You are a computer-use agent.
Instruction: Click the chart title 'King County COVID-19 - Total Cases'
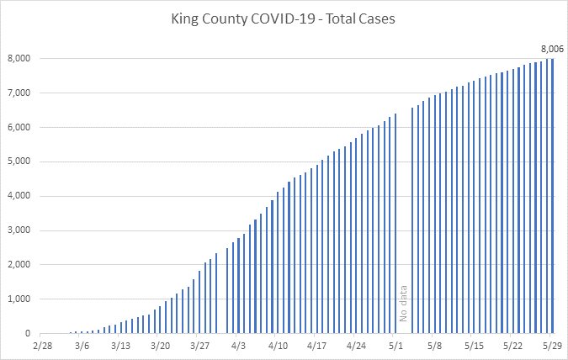[x=284, y=18]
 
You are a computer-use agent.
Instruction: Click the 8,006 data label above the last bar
[x=551, y=48]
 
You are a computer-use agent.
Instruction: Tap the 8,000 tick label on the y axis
[x=19, y=58]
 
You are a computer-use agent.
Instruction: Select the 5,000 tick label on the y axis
[x=19, y=161]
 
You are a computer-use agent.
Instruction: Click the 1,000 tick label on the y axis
[x=19, y=299]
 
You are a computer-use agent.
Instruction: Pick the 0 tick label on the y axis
[x=28, y=334]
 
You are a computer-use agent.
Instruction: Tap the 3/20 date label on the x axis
[x=160, y=345]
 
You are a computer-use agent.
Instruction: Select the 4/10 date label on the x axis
[x=278, y=345]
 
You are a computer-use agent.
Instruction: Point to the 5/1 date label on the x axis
[x=395, y=345]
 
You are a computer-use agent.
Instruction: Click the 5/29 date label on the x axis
[x=553, y=345]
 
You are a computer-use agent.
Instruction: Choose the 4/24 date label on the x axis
[x=356, y=345]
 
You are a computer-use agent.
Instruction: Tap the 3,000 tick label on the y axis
[x=19, y=230]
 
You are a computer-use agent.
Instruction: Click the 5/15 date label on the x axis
[x=474, y=345]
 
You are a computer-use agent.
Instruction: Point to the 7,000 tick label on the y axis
[x=19, y=93]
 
